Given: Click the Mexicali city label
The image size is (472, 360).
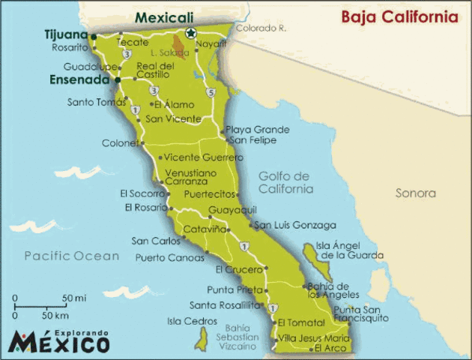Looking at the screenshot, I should (164, 17).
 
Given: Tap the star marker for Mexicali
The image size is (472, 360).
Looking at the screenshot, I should (190, 32).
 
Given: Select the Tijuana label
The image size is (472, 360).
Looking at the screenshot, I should (67, 34).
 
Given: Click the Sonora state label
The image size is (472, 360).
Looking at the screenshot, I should (415, 193).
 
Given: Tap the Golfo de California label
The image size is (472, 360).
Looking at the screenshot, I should (285, 182).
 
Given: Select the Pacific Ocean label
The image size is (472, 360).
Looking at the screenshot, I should (71, 256).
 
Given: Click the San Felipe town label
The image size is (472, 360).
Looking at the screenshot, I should (248, 140).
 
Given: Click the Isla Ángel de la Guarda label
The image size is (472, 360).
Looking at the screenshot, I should (341, 250).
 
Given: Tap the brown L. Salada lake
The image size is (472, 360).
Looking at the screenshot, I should (179, 44).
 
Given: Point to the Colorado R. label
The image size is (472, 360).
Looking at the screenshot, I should (261, 28).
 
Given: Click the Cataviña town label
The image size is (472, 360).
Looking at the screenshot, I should (205, 229).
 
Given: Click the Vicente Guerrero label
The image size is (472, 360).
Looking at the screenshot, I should (203, 157).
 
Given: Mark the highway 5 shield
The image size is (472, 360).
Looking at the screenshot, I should (212, 92).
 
